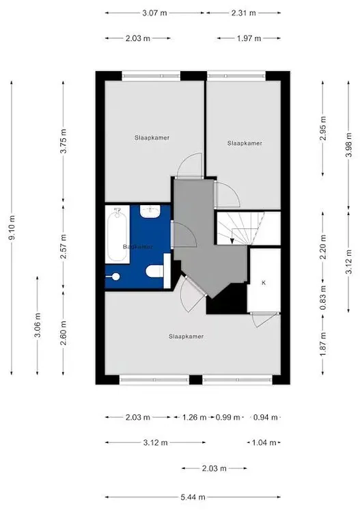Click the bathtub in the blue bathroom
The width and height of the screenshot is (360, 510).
(x=117, y=237)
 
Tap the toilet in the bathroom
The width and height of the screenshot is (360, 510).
(x=156, y=273)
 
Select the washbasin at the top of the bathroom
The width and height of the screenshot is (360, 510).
(x=153, y=213)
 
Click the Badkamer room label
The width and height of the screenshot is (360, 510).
(x=137, y=246)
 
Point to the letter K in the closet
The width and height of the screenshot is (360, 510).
(x=263, y=282)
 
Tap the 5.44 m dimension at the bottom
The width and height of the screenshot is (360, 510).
(x=192, y=497)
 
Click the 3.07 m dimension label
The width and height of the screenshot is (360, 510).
(x=154, y=13)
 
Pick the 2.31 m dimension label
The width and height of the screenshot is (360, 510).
(x=244, y=13)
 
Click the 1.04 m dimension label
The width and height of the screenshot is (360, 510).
(x=263, y=442)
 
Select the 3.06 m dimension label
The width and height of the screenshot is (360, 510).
(x=38, y=325)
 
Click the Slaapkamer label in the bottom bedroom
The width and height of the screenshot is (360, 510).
(x=186, y=336)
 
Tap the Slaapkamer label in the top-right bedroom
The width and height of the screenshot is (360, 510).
(x=245, y=144)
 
